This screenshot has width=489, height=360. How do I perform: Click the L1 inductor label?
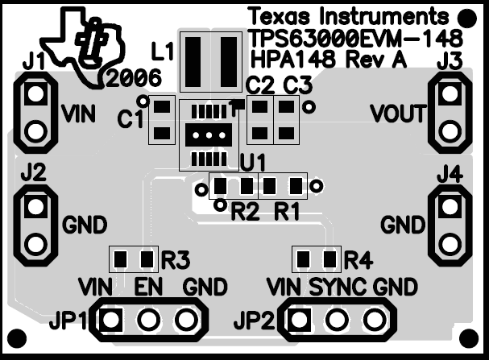pos(163,52)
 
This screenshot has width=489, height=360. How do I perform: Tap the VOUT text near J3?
pos(398,114)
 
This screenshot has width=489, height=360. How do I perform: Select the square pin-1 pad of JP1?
pos(110,320)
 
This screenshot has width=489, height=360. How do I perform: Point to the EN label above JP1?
pos(148,287)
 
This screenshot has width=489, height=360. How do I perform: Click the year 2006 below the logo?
pos(134,78)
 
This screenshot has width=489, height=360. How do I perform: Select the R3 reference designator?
pos(176,260)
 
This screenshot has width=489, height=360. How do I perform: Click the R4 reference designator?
pos(358,260)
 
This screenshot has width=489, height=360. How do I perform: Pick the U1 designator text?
pos(253,163)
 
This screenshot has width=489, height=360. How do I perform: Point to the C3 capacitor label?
pos(297,85)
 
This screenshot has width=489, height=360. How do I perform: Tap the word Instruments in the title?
pos(384,16)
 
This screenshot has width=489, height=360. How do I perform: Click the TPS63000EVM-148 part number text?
pos(356,39)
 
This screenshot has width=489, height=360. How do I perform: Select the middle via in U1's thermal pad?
pos(209,135)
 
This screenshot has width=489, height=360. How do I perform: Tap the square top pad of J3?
pos(450,93)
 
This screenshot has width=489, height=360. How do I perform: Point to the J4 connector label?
pos(450,176)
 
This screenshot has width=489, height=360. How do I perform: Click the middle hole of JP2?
pos(338,320)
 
